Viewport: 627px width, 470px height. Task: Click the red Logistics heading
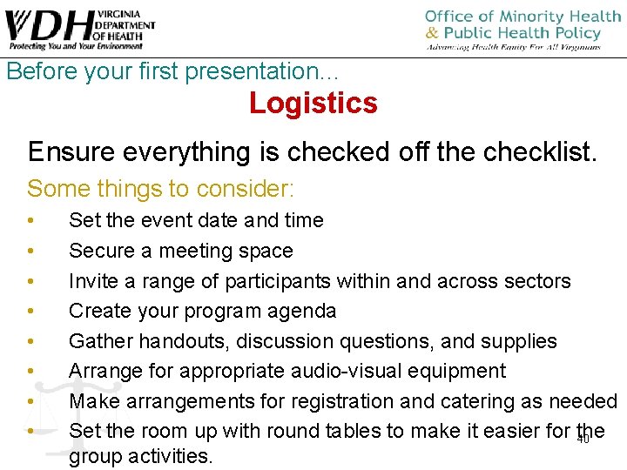click(313, 103)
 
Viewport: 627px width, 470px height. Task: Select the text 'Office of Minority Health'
click(522, 17)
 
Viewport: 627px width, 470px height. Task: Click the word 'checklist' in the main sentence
click(540, 151)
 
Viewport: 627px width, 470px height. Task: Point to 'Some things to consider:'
click(161, 188)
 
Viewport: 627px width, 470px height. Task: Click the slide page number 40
click(583, 440)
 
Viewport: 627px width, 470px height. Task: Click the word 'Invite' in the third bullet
click(95, 281)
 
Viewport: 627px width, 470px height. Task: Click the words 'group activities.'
click(140, 457)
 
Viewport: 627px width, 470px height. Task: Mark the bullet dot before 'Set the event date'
click(30, 221)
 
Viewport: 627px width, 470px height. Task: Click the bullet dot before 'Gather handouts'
click(30, 341)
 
